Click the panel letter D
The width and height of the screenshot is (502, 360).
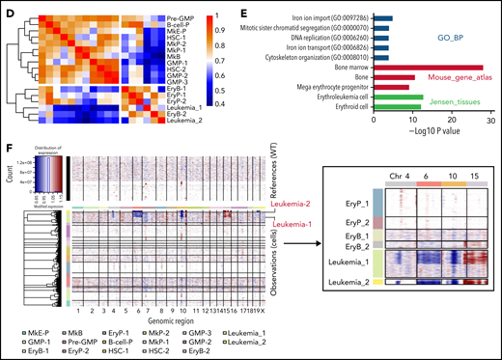click(x=10, y=8)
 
